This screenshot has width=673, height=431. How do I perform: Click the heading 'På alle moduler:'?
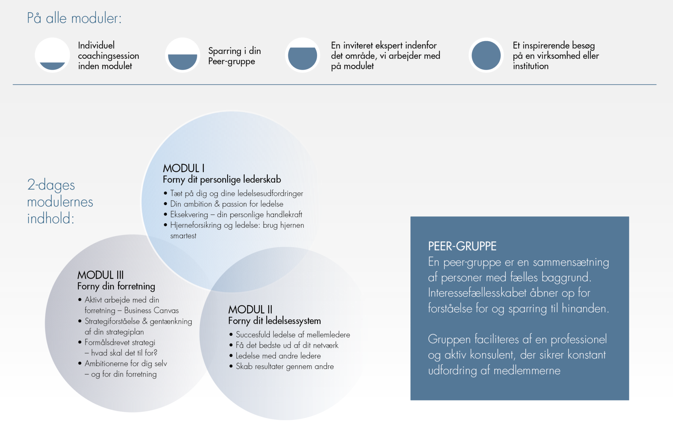tap(74, 18)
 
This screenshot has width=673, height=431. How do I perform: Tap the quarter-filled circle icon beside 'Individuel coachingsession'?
tap(52, 55)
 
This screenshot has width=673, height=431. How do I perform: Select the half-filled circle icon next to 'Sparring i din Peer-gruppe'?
tap(182, 55)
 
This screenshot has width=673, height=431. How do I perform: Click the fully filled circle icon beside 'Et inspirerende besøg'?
tap(486, 55)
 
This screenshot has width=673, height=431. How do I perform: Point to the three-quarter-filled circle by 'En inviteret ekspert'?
tap(302, 55)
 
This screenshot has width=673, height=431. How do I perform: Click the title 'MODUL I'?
tap(184, 168)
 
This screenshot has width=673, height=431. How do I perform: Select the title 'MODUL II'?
tap(250, 309)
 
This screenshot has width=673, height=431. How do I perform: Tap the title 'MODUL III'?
tap(101, 275)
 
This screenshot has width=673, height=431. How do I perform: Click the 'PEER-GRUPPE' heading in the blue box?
tap(462, 246)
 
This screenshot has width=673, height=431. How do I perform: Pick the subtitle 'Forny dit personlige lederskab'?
tap(222, 180)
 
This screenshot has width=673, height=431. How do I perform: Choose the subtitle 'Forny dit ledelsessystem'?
tap(274, 321)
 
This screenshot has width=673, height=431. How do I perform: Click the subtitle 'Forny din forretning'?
tap(116, 286)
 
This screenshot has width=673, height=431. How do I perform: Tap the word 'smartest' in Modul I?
tap(183, 236)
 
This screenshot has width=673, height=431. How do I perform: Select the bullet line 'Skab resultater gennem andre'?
tap(285, 366)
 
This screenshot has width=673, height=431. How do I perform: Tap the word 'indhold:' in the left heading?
tap(51, 218)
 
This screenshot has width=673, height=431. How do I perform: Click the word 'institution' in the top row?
tap(531, 66)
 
